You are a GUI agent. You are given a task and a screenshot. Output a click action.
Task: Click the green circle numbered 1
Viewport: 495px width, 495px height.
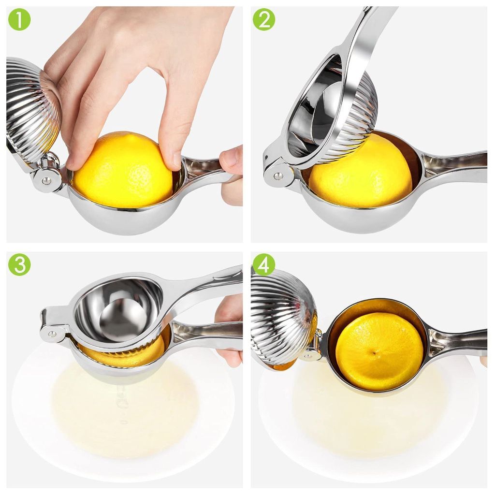coord(19,19)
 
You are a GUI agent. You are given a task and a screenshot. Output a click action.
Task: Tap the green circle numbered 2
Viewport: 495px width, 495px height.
coord(264,19)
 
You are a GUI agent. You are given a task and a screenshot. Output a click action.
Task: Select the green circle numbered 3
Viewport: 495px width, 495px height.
coord(19,264)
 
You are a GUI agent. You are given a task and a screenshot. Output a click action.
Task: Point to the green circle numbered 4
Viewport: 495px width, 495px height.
coord(264,264)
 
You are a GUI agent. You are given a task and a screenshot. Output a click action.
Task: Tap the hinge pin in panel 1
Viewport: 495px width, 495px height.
coord(46,181)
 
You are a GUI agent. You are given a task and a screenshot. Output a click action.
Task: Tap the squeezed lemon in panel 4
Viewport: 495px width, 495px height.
coord(379,350)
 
